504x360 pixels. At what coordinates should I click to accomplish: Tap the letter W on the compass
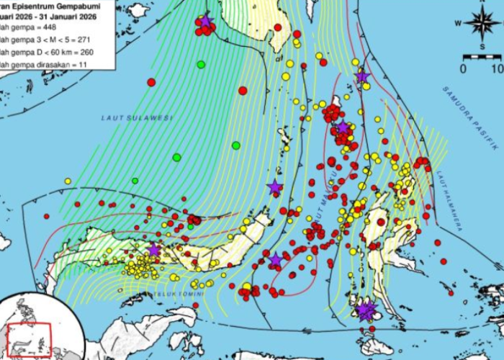click(x=458, y=22)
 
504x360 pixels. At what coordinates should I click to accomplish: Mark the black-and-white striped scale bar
click(x=482, y=56)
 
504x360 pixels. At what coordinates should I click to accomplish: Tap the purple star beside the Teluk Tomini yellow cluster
click(x=154, y=250)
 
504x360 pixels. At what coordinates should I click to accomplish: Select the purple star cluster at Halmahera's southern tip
click(x=366, y=310)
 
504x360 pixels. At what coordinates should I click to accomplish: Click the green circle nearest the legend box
click(x=201, y=65)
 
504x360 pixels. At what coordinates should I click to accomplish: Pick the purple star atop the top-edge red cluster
click(x=206, y=21)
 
